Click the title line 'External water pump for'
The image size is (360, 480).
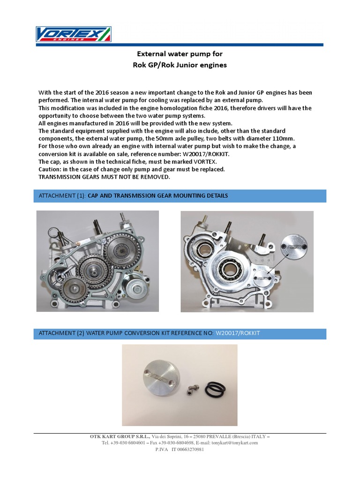click(180, 54)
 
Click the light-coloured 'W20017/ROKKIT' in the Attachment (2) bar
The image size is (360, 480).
click(237, 333)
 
